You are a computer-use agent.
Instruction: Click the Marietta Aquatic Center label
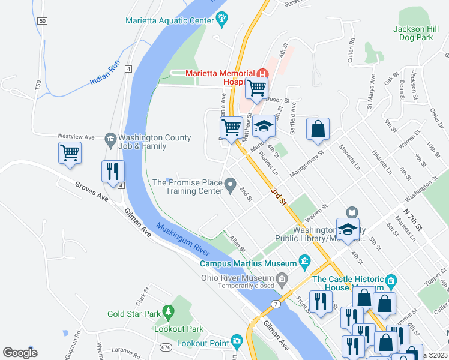[170, 20]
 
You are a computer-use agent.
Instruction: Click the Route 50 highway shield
[41, 21]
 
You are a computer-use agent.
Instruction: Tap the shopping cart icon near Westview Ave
[70, 152]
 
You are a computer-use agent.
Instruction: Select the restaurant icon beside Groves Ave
[112, 172]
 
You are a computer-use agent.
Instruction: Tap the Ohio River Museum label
[237, 277]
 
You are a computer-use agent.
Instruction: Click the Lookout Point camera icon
[237, 342]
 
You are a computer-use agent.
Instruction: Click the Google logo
[20, 352]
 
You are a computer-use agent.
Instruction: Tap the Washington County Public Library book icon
[351, 212]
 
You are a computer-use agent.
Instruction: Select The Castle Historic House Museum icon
[391, 280]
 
